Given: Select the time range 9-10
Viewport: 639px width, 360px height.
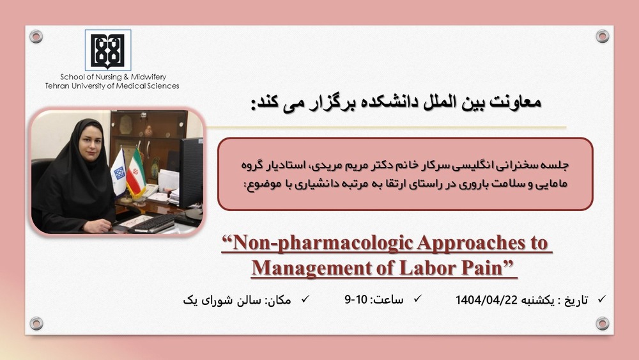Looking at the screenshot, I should coord(356,299).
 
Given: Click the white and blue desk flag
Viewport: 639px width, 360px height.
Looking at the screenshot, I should coord(119,171).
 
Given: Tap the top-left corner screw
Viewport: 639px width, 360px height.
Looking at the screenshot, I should coord(36,36).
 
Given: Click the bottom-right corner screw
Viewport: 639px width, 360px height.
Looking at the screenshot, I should coord(602,323).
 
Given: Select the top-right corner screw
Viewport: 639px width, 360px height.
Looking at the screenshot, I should coord(602,36).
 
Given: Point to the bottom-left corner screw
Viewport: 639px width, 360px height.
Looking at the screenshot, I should coord(36,323).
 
